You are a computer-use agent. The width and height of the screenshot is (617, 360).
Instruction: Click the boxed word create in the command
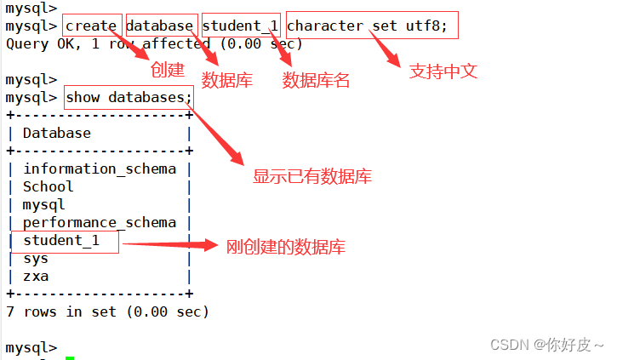pyautogui.click(x=91, y=26)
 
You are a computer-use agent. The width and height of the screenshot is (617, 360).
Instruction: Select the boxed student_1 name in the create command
pyautogui.click(x=241, y=26)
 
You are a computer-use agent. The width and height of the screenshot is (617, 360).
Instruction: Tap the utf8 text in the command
pyautogui.click(x=428, y=26)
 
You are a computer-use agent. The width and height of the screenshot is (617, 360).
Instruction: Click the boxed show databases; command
pyautogui.click(x=129, y=97)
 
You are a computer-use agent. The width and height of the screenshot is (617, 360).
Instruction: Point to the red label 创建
pyautogui.click(x=167, y=70)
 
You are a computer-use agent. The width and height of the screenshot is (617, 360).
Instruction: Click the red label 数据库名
pyautogui.click(x=316, y=81)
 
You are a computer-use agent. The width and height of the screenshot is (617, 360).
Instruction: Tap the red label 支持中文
pyautogui.click(x=443, y=71)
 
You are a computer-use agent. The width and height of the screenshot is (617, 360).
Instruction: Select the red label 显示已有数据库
pyautogui.click(x=312, y=178)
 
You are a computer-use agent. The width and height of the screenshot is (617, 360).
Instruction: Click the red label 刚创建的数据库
pyautogui.click(x=286, y=248)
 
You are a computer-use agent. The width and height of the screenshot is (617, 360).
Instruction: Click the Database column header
pyautogui.click(x=56, y=133)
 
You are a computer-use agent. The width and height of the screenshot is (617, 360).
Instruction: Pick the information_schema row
pyautogui.click(x=100, y=169)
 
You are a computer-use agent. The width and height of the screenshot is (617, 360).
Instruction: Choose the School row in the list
pyautogui.click(x=48, y=186)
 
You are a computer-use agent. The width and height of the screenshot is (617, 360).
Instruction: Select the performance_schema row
pyautogui.click(x=100, y=222)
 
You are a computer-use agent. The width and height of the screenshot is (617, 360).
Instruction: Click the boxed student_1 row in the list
pyautogui.click(x=61, y=241)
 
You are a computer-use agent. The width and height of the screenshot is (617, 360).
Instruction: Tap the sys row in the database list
pyautogui.click(x=36, y=259)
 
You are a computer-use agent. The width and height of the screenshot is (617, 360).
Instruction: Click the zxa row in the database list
pyautogui.click(x=36, y=277)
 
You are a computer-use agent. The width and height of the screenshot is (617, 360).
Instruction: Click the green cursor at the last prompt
pyautogui.click(x=70, y=357)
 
